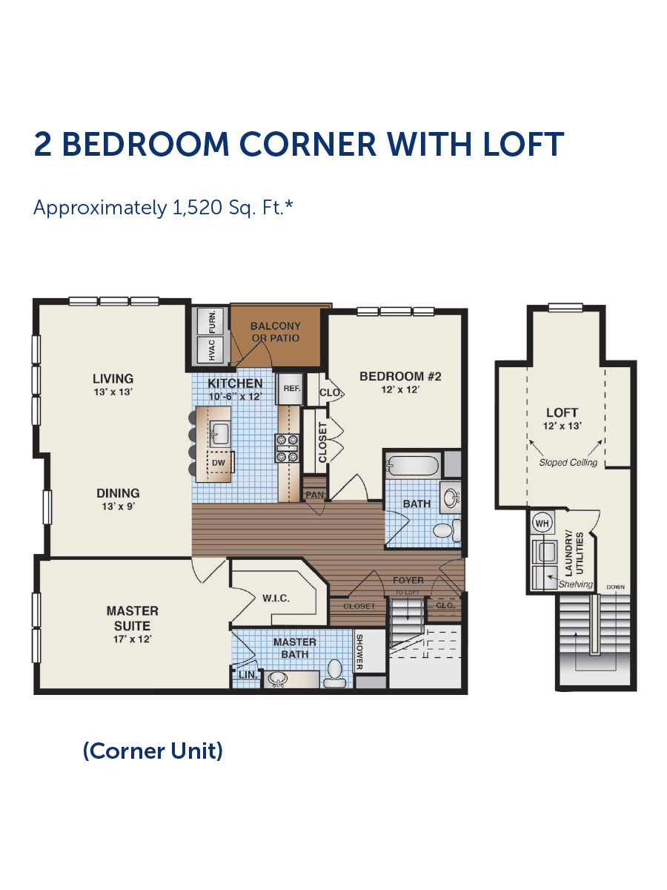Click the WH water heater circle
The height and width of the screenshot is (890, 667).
[x=542, y=523]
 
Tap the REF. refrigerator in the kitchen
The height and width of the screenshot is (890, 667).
[x=290, y=389]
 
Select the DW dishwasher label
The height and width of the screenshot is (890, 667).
[x=219, y=463]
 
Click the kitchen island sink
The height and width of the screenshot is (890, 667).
[x=220, y=433]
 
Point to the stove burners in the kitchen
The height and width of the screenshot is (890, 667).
[x=287, y=449]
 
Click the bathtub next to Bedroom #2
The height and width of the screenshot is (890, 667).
[x=412, y=466]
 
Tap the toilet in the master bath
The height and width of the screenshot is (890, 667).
[x=334, y=674]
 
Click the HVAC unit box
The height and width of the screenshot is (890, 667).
[x=210, y=349]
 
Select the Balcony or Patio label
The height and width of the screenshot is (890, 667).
[x=276, y=332]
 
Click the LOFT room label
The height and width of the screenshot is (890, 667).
[x=562, y=412]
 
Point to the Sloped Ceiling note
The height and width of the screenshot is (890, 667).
[x=568, y=463]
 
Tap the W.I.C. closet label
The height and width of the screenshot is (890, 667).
[x=276, y=598]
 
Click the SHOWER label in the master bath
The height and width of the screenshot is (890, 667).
[x=359, y=653]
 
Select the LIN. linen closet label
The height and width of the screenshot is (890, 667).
[x=248, y=675]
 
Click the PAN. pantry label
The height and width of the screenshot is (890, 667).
[x=315, y=495]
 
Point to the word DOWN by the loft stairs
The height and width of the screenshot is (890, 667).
[x=615, y=587]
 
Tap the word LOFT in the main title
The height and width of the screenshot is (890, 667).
[x=523, y=144]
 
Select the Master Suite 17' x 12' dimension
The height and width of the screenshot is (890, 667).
[x=133, y=639]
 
